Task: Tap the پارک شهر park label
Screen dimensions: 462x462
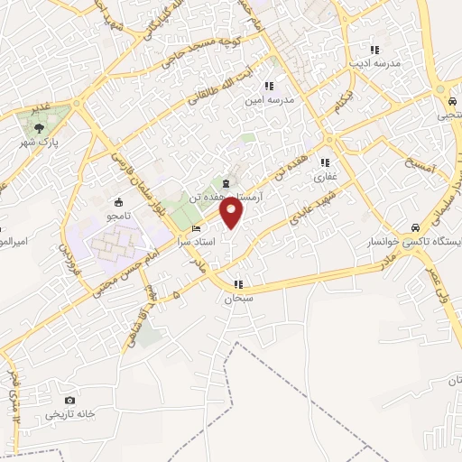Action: pos(41,143)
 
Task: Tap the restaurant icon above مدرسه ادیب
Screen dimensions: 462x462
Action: pos(374,50)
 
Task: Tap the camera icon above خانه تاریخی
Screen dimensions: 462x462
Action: pos(69,401)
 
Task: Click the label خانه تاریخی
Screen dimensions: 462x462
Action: pos(69,414)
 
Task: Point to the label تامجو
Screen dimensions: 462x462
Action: pos(118,216)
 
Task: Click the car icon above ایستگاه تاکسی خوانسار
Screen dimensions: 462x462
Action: pos(413,227)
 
